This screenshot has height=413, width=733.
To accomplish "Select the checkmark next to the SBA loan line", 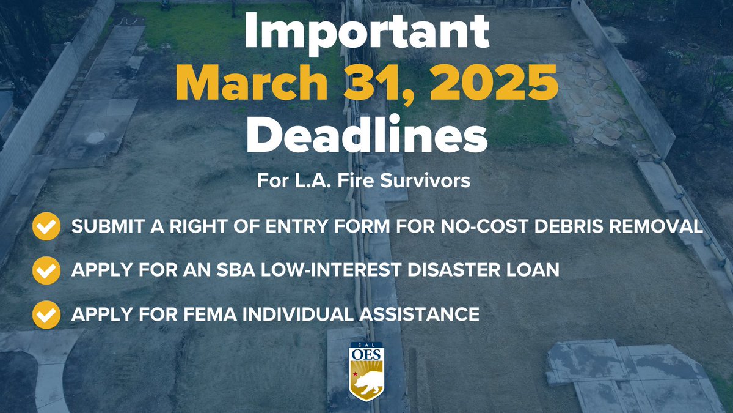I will pos(46,270).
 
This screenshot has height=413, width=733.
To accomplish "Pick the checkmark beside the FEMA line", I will pos(46,314).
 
